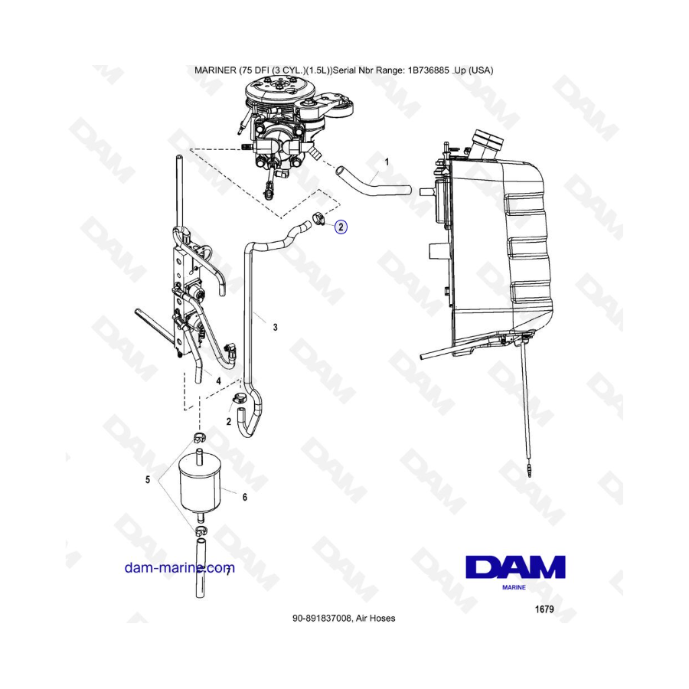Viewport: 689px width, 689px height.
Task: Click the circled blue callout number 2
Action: tap(341, 227)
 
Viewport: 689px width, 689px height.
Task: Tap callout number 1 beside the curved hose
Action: tap(387, 162)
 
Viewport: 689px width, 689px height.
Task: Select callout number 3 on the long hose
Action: tap(275, 328)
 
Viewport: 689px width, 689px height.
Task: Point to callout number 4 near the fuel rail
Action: tap(218, 381)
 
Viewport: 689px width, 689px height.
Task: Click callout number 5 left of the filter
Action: tap(148, 479)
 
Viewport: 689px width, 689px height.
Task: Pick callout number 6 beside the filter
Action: tap(245, 497)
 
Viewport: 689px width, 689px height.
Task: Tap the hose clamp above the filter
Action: tap(200, 438)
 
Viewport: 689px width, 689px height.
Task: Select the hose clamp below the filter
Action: tap(200, 531)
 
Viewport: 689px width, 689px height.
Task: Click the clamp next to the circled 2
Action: tap(319, 218)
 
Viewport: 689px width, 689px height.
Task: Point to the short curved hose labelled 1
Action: tap(374, 181)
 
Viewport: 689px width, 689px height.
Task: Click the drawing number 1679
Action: tap(544, 609)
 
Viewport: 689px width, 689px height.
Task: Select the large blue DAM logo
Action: tap(515, 567)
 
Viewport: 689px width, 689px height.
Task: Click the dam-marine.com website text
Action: tap(180, 568)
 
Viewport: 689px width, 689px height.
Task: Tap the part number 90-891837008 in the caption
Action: tap(322, 619)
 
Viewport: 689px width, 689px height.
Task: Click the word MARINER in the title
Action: tap(215, 70)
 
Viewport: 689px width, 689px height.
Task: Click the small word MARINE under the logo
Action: tap(514, 587)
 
